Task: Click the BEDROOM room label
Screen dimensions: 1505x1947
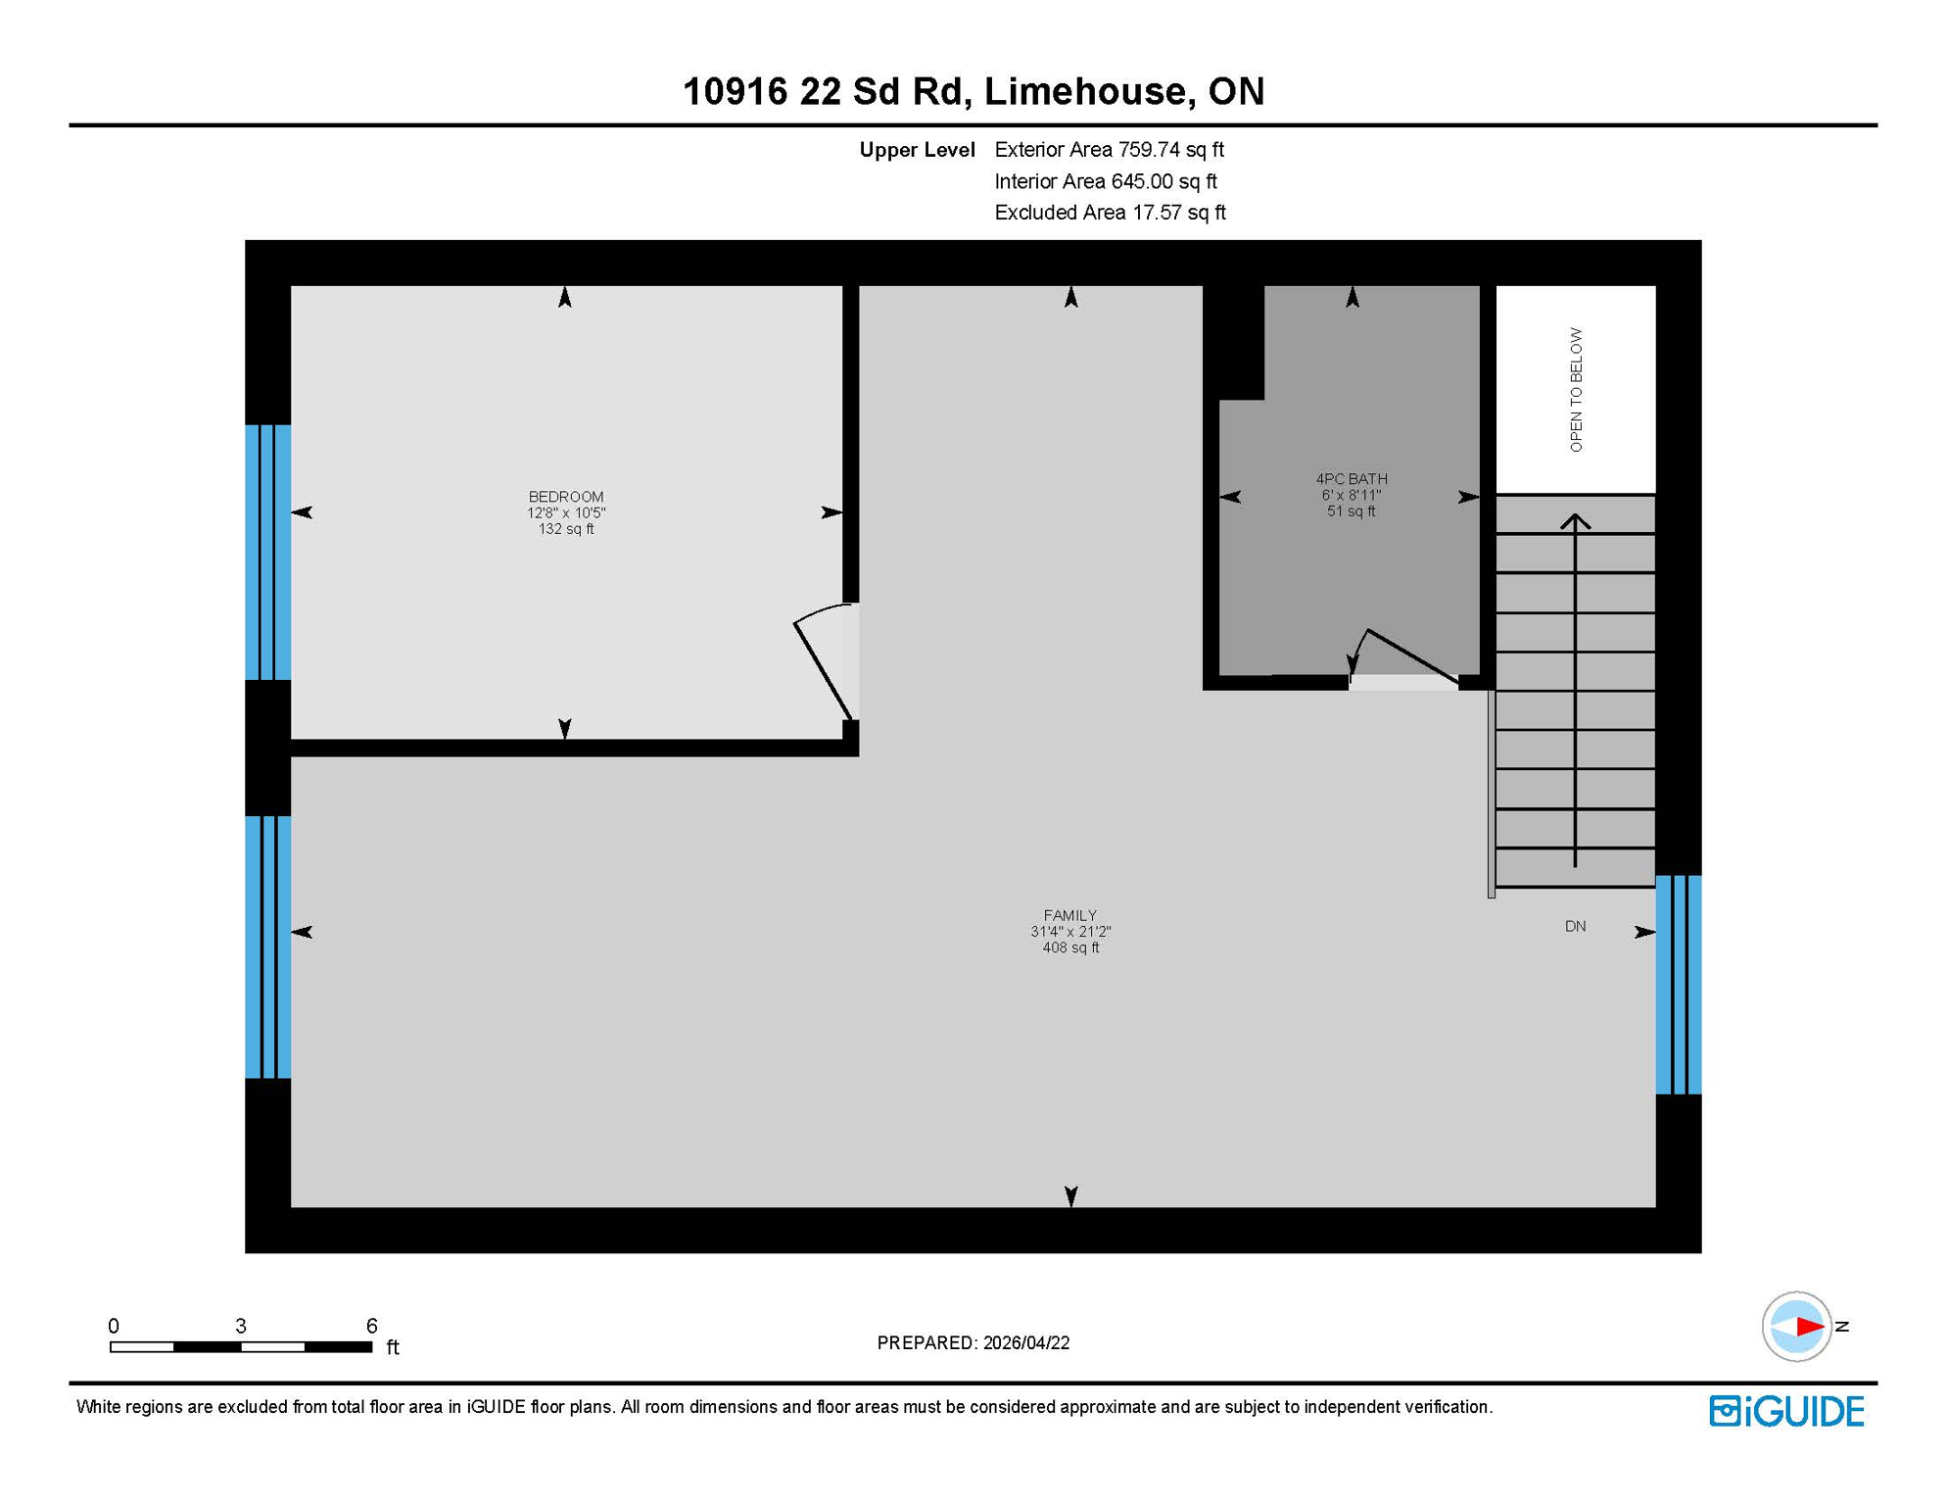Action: coord(565,497)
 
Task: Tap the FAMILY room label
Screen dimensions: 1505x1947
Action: coord(1069,915)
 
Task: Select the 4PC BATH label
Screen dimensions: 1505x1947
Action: coord(1351,479)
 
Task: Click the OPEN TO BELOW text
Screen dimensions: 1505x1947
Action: coord(1575,389)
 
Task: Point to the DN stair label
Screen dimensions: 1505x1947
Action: coord(1575,926)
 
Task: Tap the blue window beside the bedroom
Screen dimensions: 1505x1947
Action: coord(267,552)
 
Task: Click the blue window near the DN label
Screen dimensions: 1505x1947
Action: coord(1678,984)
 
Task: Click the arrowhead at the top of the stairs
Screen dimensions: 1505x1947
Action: coord(1575,522)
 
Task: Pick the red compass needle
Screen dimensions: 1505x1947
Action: coord(1808,1327)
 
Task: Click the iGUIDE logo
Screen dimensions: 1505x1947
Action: coord(1786,1411)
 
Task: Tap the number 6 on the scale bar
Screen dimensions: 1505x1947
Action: coord(371,1326)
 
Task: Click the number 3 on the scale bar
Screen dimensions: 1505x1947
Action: coord(241,1326)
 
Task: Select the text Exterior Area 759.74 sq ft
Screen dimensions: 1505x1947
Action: coord(1109,150)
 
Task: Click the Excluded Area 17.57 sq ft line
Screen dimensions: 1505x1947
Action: coord(1110,213)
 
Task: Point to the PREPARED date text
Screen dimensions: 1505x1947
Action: coord(973,1342)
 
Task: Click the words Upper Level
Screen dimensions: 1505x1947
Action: coord(917,150)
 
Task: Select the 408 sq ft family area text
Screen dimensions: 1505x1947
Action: coord(1069,947)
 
